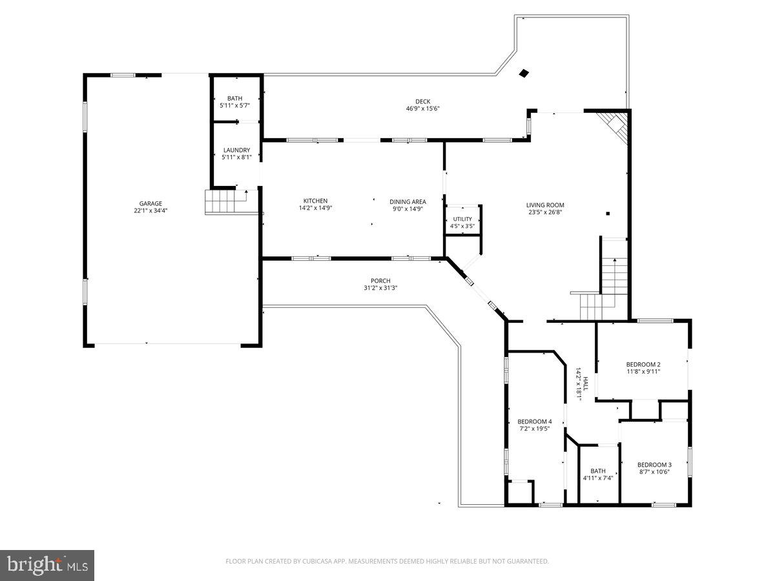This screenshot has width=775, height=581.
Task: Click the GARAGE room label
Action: [150, 203]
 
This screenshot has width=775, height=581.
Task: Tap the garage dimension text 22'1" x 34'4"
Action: [150, 210]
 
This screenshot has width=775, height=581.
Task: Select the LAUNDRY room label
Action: [236, 150]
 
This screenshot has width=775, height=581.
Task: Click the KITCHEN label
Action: [315, 201]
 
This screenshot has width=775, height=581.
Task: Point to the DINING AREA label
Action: [408, 201]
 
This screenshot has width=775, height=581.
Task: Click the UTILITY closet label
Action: [462, 219]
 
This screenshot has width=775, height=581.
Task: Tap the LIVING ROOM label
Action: [545, 205]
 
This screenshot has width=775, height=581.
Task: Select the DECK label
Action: [422, 101]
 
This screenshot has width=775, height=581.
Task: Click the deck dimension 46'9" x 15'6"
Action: [422, 108]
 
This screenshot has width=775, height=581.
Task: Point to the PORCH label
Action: [380, 281]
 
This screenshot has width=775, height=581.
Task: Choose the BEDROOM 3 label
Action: [654, 465]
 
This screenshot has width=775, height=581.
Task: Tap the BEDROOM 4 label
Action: [535, 422]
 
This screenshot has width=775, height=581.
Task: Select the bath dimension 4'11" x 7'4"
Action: [597, 478]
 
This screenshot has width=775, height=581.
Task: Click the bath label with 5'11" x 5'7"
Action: [234, 99]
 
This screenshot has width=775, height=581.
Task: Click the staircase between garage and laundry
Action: [222, 202]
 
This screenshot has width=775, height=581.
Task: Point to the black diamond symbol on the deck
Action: [524, 74]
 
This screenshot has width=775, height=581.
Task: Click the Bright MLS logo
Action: [47, 566]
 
